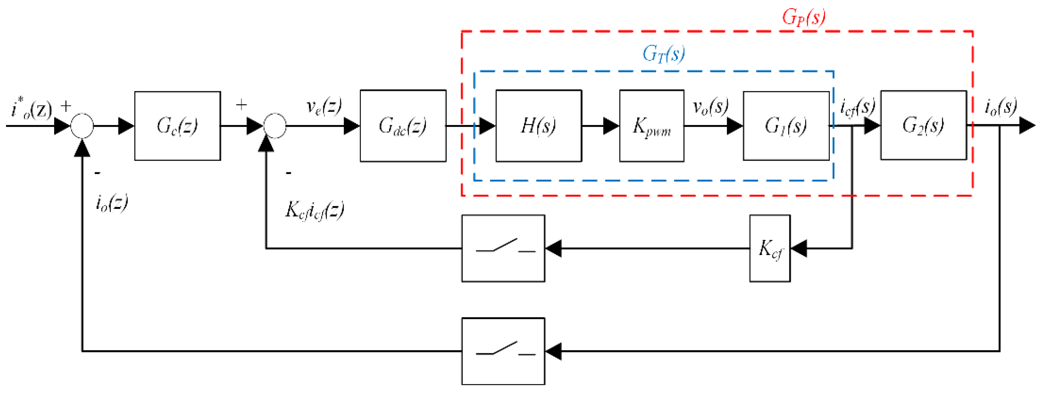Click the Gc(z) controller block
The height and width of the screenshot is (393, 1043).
click(177, 126)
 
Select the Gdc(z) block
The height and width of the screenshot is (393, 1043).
click(403, 126)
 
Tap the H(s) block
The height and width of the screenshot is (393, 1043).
click(538, 126)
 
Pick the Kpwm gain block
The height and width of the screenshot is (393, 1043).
click(651, 126)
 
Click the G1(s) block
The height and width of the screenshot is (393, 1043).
click(786, 126)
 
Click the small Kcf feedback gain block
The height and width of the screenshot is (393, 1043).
click(770, 248)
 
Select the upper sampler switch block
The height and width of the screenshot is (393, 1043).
click(503, 248)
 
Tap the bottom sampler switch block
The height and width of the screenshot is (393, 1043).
click(503, 351)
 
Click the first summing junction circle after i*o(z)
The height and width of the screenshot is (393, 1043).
click(82, 126)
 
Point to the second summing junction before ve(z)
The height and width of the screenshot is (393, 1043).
click(275, 126)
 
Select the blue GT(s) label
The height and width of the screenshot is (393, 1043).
click(664, 53)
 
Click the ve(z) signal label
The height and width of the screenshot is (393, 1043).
click(324, 106)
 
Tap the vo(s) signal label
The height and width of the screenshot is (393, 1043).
click(710, 106)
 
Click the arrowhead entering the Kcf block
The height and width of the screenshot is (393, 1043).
click(798, 248)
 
